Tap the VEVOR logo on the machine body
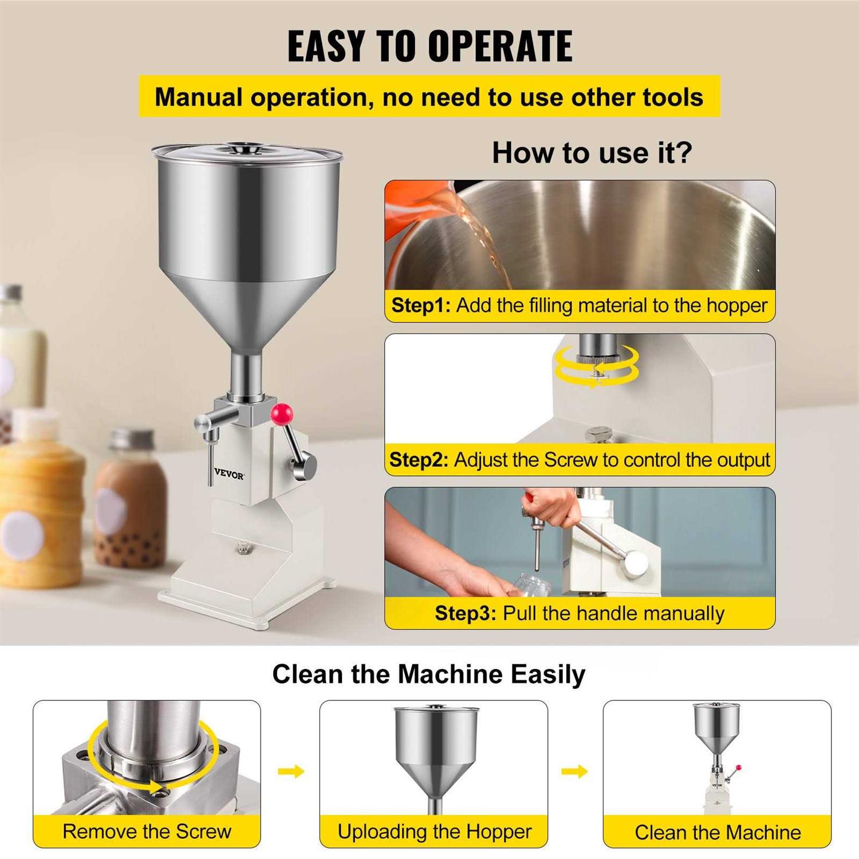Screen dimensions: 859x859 (229, 475)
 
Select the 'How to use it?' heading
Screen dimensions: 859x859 (592, 153)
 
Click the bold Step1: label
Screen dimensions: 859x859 (421, 305)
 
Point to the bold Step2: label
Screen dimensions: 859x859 (419, 460)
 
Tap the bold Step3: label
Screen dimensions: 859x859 (465, 613)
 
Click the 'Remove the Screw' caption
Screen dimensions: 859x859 (147, 832)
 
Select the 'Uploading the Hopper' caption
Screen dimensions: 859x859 (434, 832)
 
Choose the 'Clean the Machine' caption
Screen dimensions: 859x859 (718, 832)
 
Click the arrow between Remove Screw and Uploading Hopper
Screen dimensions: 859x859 (291, 771)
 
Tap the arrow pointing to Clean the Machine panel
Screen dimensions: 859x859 (574, 771)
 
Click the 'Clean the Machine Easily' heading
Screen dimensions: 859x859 (428, 674)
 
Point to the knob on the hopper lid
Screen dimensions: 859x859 (247, 148)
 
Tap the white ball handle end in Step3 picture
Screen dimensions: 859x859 (636, 564)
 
